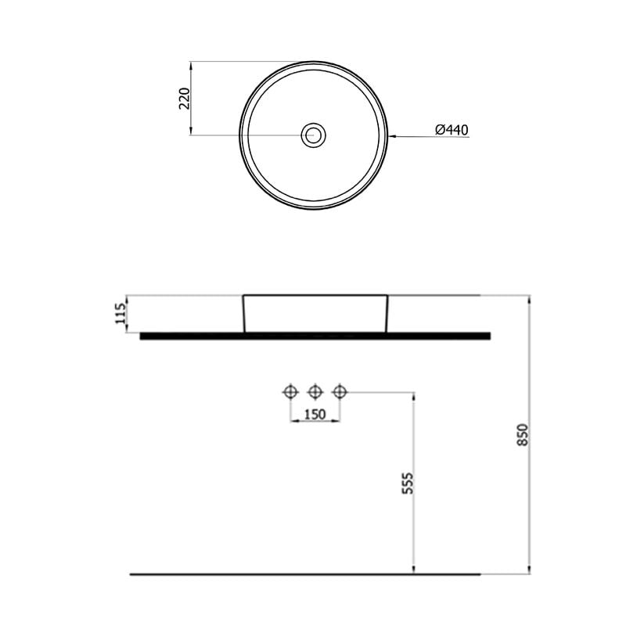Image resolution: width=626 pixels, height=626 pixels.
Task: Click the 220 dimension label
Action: click(x=185, y=99)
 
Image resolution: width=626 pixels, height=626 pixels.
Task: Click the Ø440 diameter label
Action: click(x=452, y=130)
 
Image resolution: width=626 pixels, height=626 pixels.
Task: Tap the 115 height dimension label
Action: click(x=121, y=314)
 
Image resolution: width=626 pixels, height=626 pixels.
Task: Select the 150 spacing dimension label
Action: click(x=315, y=415)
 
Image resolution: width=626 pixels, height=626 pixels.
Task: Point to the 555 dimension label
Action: click(x=408, y=484)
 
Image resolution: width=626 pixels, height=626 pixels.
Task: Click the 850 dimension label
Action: click(x=523, y=435)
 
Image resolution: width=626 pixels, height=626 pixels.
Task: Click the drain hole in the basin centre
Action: click(x=314, y=135)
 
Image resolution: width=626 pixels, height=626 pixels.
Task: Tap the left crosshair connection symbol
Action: click(x=290, y=392)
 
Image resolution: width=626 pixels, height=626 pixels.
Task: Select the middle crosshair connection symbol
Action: click(x=315, y=392)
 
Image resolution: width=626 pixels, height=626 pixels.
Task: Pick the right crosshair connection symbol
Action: click(x=340, y=392)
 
